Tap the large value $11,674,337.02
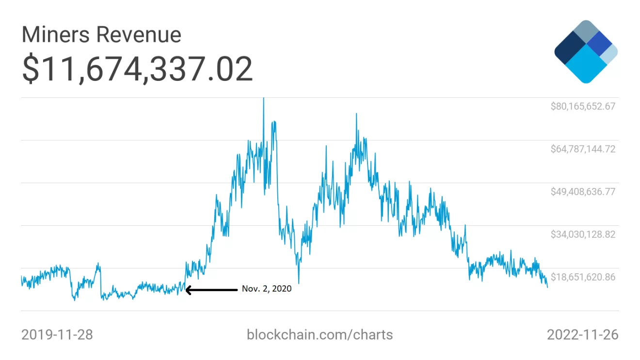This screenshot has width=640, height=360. (137, 69)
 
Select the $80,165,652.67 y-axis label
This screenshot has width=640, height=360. (583, 106)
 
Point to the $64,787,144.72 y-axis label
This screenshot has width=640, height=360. (583, 149)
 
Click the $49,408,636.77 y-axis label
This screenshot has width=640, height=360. (583, 191)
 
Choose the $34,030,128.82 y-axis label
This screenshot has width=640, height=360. (583, 235)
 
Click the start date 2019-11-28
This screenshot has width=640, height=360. (57, 334)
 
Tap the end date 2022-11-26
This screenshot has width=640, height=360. (583, 334)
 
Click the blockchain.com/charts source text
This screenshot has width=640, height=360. (320, 334)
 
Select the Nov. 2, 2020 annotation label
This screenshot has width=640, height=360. (267, 289)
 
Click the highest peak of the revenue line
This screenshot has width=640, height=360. (263, 98)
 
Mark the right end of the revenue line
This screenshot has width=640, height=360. (547, 287)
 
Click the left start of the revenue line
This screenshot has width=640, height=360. (21, 278)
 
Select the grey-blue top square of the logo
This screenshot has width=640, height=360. (586, 32)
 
